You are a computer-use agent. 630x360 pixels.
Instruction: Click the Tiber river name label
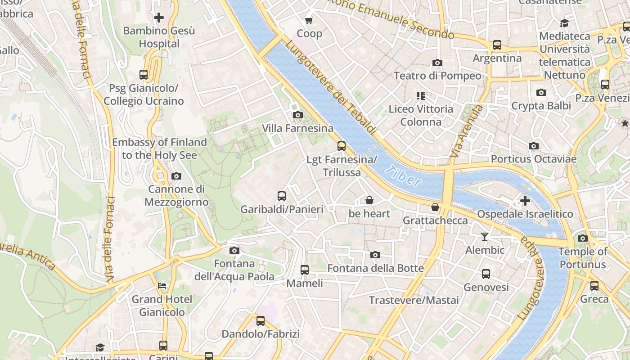tap(404, 176)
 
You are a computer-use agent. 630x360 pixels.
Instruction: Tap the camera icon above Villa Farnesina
tap(297, 115)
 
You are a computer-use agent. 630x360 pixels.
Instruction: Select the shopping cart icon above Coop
tap(309, 20)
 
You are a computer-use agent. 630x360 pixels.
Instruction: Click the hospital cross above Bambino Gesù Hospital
tap(159, 18)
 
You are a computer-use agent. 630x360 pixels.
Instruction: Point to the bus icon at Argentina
tap(497, 45)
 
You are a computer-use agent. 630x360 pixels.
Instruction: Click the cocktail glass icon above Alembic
tap(485, 237)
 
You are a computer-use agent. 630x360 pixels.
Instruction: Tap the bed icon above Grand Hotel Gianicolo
tap(162, 286)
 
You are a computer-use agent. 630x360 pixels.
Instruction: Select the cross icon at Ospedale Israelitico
tap(525, 201)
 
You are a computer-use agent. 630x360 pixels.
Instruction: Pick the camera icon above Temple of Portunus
tap(583, 238)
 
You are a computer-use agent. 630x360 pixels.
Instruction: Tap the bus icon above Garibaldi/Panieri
tap(282, 196)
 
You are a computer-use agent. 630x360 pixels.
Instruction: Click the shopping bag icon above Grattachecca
tap(435, 207)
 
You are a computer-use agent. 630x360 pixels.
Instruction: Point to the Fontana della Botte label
tap(375, 269)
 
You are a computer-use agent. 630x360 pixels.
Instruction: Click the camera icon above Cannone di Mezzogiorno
tap(176, 176)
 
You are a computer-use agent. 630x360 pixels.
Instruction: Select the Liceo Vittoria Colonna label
tap(421, 115)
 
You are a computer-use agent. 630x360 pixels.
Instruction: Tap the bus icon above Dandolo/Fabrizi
tap(261, 321)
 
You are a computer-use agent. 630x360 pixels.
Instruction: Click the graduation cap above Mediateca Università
tap(564, 23)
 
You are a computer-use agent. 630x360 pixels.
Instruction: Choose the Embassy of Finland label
tap(159, 148)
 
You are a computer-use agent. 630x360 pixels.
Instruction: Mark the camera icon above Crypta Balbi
tap(541, 93)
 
